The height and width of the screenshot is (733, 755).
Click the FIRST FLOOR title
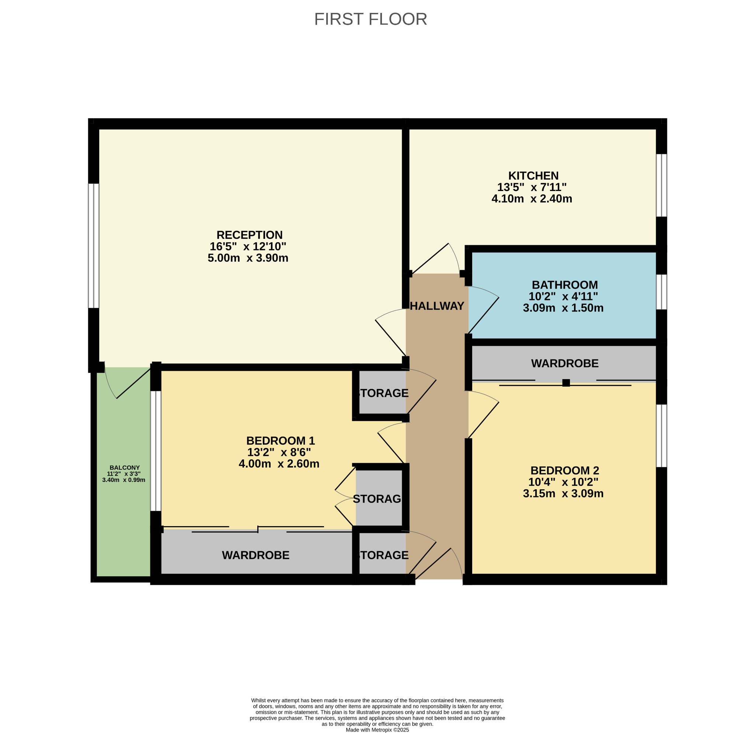pyautogui.click(x=370, y=19)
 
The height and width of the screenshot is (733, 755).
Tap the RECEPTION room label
pyautogui.click(x=249, y=235)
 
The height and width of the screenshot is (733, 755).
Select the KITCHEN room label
pyautogui.click(x=533, y=176)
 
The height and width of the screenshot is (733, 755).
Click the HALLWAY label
pyautogui.click(x=437, y=306)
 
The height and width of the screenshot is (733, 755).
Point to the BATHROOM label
pyautogui.click(x=564, y=285)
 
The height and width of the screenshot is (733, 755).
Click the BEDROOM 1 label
pyautogui.click(x=281, y=441)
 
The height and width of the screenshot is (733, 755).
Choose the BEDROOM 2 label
pyautogui.click(x=565, y=470)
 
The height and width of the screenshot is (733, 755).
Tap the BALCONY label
pyautogui.click(x=125, y=468)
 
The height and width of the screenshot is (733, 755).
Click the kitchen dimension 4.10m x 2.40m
pyautogui.click(x=532, y=199)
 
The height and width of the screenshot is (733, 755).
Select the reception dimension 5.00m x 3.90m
pyautogui.click(x=248, y=258)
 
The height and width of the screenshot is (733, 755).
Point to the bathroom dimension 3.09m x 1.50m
pyautogui.click(x=563, y=308)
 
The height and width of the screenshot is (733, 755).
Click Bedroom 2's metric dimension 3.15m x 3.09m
pyautogui.click(x=563, y=493)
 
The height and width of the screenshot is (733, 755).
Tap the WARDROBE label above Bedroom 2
pyautogui.click(x=565, y=363)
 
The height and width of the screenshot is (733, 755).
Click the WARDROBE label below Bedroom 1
pyautogui.click(x=255, y=555)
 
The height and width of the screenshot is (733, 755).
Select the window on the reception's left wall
pyautogui.click(x=94, y=246)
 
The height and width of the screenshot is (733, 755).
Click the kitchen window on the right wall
pyautogui.click(x=661, y=185)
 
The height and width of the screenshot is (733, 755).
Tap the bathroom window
pyautogui.click(x=661, y=292)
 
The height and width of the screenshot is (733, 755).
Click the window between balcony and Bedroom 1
pyautogui.click(x=156, y=451)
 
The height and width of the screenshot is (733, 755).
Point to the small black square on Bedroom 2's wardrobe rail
pyautogui.click(x=566, y=382)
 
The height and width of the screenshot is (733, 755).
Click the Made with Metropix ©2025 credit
pyautogui.click(x=377, y=730)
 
